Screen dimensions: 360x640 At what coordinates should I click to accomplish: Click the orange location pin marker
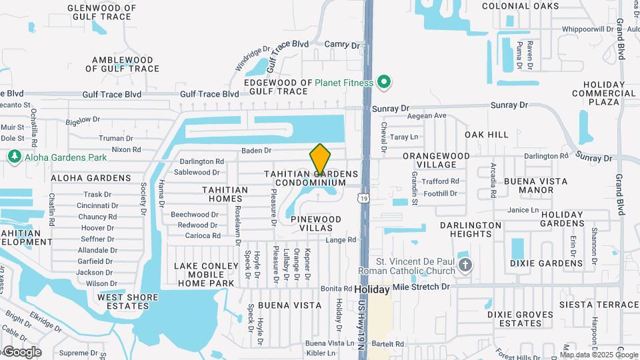pos(320,160)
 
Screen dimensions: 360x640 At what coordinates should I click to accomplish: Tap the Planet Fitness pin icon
pos(383,83)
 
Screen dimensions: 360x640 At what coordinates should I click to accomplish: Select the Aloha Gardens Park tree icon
pos(14,157)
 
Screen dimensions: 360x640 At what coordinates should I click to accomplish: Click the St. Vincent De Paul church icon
pos(465,266)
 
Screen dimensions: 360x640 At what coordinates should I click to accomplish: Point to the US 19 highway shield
pos(362,198)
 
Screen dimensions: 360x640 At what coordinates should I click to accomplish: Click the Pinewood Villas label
pos(315,223)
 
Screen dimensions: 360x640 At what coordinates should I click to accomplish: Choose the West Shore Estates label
pos(128,301)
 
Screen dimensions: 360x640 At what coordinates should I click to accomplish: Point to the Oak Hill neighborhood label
pos(487,135)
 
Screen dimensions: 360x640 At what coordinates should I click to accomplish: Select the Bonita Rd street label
pos(336,289)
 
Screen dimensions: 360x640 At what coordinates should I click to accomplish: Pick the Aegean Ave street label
pos(427,116)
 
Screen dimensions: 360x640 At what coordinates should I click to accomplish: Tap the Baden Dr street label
pos(256,151)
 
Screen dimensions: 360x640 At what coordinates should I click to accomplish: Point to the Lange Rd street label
pos(341,240)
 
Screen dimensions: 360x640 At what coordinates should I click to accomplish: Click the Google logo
pos(22,352)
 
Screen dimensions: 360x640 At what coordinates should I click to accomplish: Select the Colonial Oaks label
pos(529,6)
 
